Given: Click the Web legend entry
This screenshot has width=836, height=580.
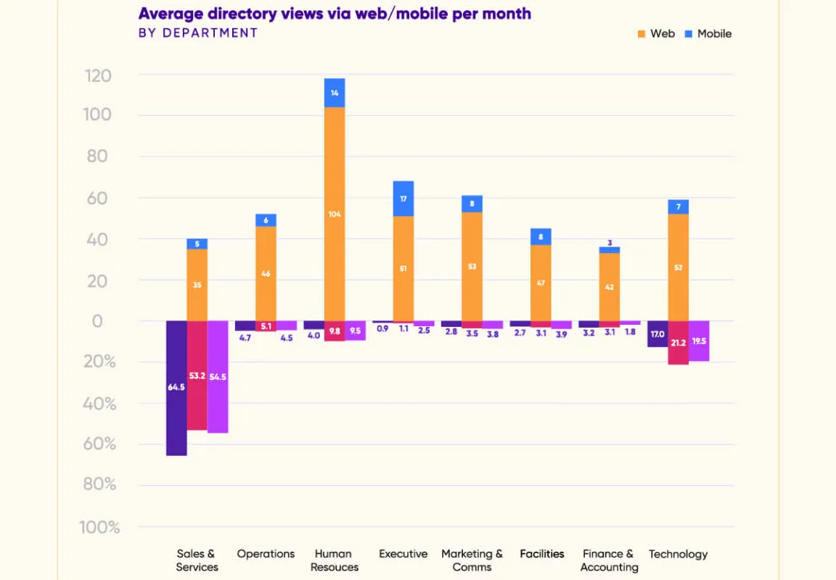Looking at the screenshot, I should point(656,33).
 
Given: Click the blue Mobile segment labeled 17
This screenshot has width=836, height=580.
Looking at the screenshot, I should point(403,199).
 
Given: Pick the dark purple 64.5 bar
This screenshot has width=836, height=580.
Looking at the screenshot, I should point(176,388).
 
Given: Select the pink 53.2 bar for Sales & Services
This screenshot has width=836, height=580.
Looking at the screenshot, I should point(197,375).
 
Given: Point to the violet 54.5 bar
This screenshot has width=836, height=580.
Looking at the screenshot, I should point(218,376).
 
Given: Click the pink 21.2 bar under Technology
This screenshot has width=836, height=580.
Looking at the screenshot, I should point(679,342).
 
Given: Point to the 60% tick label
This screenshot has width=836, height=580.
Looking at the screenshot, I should point(99,444).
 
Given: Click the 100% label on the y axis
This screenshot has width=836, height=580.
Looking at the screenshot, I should point(99,527).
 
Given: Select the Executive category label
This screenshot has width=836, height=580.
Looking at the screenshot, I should point(403,554).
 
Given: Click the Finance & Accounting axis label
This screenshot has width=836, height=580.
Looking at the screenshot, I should point(609,560).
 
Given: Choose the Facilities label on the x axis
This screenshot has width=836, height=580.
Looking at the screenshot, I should point(541,554).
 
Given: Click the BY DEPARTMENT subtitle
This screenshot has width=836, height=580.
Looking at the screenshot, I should point(198,33).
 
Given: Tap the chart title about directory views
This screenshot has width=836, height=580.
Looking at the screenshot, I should point(335,14).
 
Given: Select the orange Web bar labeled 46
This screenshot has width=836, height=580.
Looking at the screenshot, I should point(266,273).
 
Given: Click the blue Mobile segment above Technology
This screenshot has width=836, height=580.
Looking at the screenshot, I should point(679,207).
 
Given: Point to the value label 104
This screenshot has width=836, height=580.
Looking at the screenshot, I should point(335,214).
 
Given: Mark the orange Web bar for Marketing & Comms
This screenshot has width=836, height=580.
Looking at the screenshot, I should point(472,266).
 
